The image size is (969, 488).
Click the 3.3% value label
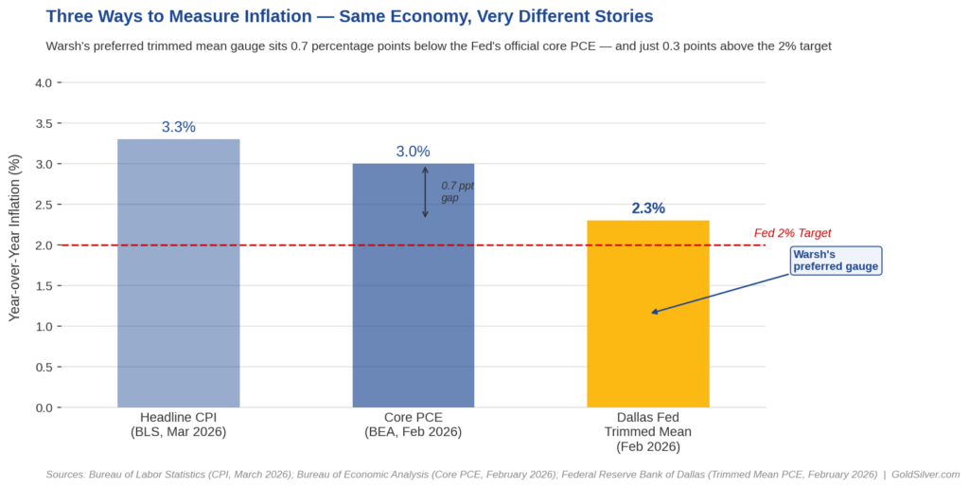[178, 127]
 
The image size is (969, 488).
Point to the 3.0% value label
[413, 152]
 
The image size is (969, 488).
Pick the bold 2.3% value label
[648, 208]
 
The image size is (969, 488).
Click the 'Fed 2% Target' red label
[792, 233]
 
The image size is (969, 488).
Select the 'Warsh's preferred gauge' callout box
[837, 261]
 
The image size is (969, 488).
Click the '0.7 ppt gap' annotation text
[456, 192]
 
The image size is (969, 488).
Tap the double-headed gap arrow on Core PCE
[425, 192]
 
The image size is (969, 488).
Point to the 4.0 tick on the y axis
[44, 83]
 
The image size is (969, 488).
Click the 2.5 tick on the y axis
[44, 205]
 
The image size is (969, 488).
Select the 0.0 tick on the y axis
[44, 408]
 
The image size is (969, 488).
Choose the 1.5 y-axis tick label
[44, 286]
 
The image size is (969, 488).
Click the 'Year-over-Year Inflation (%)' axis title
[14, 239]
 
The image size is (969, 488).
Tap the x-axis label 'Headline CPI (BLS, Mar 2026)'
[178, 425]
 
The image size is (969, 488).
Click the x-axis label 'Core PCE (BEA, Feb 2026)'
[413, 425]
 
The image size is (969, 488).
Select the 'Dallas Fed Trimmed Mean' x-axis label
[648, 431]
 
